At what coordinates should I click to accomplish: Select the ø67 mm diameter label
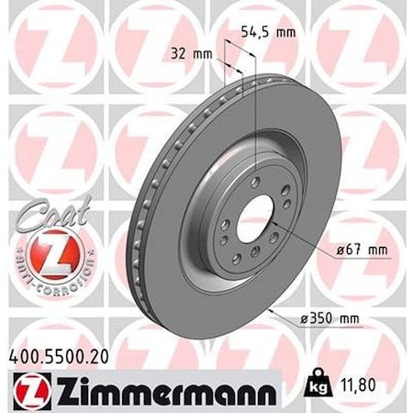coord(343,249)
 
